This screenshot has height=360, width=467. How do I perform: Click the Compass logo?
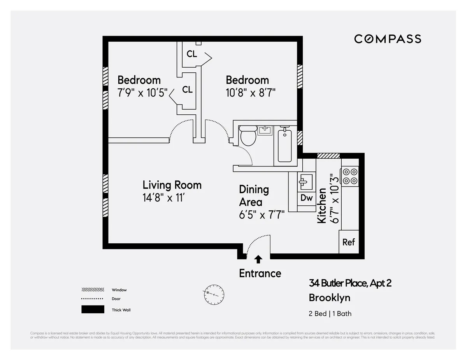[387, 39]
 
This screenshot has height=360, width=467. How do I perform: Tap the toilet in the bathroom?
[248, 136]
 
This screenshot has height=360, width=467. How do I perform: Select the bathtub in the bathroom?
[284, 146]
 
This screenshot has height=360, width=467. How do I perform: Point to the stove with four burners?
[349, 176]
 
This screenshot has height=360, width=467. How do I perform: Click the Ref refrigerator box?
[348, 242]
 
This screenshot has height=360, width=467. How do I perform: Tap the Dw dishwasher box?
[306, 198]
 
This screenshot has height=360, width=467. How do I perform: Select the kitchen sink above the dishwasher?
[306, 181]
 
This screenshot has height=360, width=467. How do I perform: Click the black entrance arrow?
[258, 259]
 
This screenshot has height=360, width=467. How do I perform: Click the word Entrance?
[260, 273]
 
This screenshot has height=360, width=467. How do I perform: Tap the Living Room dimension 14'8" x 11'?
[163, 198]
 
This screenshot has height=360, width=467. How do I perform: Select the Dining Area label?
[253, 196]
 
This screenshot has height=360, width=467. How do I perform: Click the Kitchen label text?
[322, 205]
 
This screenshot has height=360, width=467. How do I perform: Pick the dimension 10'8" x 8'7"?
[251, 93]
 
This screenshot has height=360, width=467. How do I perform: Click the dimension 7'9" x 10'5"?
[142, 93]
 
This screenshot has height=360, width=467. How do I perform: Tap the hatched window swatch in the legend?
[93, 290]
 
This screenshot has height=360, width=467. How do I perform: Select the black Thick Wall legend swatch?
[93, 309]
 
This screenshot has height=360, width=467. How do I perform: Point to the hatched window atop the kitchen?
[328, 156]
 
